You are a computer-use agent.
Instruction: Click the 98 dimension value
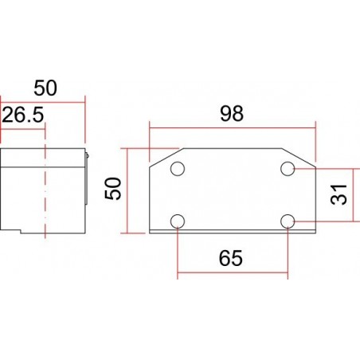point(233,113)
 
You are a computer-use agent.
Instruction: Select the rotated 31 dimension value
point(340,194)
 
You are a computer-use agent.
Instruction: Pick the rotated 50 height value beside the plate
point(115,190)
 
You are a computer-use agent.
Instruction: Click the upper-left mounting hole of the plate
point(178,169)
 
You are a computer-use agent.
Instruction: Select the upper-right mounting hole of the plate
point(288,169)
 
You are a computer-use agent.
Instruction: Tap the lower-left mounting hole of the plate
point(178,221)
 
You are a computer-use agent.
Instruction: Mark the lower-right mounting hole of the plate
point(288,221)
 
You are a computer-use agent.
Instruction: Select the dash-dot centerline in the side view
point(45,191)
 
